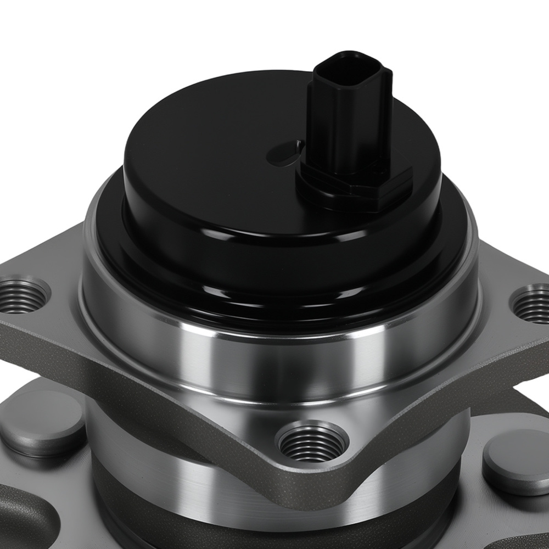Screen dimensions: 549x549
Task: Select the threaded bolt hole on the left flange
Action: (22, 296)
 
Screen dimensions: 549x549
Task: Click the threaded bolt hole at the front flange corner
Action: (312, 442)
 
